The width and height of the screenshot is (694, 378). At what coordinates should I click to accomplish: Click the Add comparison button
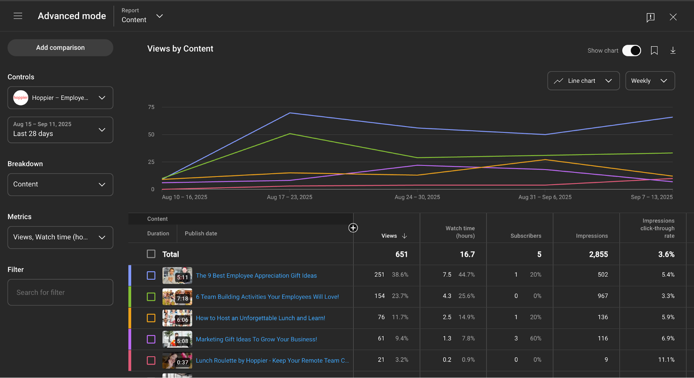click(x=60, y=48)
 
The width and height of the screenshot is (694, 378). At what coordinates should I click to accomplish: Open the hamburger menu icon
click(x=18, y=16)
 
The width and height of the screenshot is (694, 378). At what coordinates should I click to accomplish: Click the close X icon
click(x=673, y=17)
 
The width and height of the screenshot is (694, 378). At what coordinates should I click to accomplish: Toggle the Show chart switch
click(x=631, y=51)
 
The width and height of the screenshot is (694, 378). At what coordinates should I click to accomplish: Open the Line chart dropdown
click(x=583, y=81)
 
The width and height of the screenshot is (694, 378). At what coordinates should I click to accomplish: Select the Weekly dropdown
click(x=650, y=81)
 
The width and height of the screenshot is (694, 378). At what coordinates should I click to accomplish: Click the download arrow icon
click(x=672, y=51)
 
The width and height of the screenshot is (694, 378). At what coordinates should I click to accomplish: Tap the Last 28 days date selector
click(x=60, y=130)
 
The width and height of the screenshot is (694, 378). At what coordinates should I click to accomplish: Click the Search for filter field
click(x=60, y=292)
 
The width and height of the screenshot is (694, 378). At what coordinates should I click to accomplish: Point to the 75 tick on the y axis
click(x=151, y=107)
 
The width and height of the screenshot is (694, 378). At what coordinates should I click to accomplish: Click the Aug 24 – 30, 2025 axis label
click(x=417, y=197)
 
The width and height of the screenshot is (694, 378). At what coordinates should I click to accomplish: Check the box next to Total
click(x=151, y=254)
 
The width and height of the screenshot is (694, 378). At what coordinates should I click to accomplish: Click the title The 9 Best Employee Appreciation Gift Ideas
click(x=256, y=276)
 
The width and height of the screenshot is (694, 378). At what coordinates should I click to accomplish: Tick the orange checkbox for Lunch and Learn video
click(x=151, y=318)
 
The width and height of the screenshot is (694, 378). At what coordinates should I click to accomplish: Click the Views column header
click(x=389, y=236)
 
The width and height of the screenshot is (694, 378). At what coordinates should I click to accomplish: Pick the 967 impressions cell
click(x=602, y=296)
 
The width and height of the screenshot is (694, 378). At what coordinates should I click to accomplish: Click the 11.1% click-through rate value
click(x=666, y=360)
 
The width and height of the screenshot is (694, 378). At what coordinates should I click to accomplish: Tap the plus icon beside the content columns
click(x=353, y=228)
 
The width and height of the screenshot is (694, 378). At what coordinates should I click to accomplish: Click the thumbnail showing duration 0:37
click(x=177, y=361)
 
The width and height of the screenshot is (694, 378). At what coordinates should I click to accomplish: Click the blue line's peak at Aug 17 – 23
click(x=290, y=113)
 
